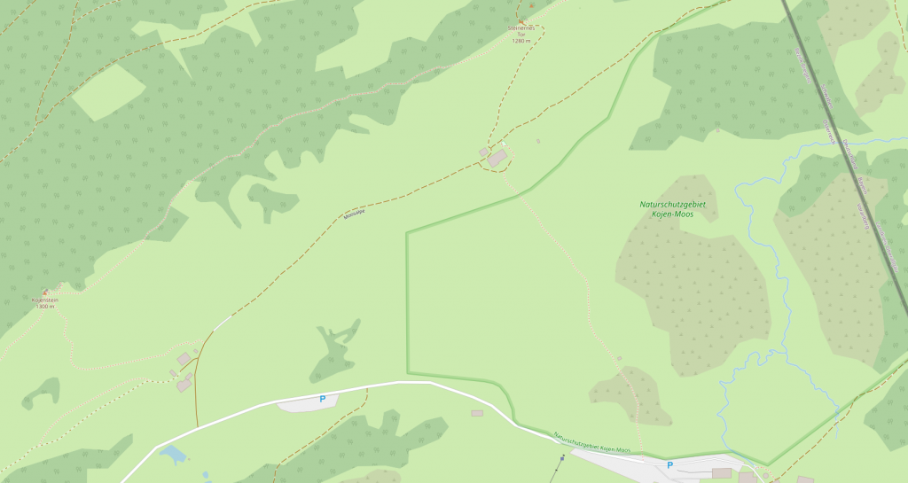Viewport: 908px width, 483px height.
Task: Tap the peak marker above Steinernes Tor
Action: pyautogui.click(x=532, y=6)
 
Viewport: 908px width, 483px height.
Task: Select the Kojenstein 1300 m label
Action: pyautogui.click(x=44, y=303)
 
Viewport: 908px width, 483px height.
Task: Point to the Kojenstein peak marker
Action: pyautogui.click(x=45, y=292)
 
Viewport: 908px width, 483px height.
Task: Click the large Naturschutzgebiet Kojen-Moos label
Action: pyautogui.click(x=677, y=209)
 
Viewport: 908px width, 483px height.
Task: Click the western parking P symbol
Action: pyautogui.click(x=323, y=399)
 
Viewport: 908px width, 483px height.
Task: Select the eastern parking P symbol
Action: pyautogui.click(x=669, y=464)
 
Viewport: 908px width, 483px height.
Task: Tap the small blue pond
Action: pyautogui.click(x=173, y=455)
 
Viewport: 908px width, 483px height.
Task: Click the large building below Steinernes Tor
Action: pyautogui.click(x=497, y=158)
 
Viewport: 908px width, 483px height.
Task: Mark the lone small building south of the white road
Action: pyautogui.click(x=477, y=413)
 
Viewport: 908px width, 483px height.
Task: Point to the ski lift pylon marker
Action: pyautogui.click(x=562, y=458)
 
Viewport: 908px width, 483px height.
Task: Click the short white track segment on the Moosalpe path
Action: pyautogui.click(x=222, y=323)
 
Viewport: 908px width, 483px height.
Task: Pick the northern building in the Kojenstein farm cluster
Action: pyautogui.click(x=184, y=358)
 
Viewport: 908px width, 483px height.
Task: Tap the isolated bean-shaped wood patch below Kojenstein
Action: pyautogui.click(x=42, y=392)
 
